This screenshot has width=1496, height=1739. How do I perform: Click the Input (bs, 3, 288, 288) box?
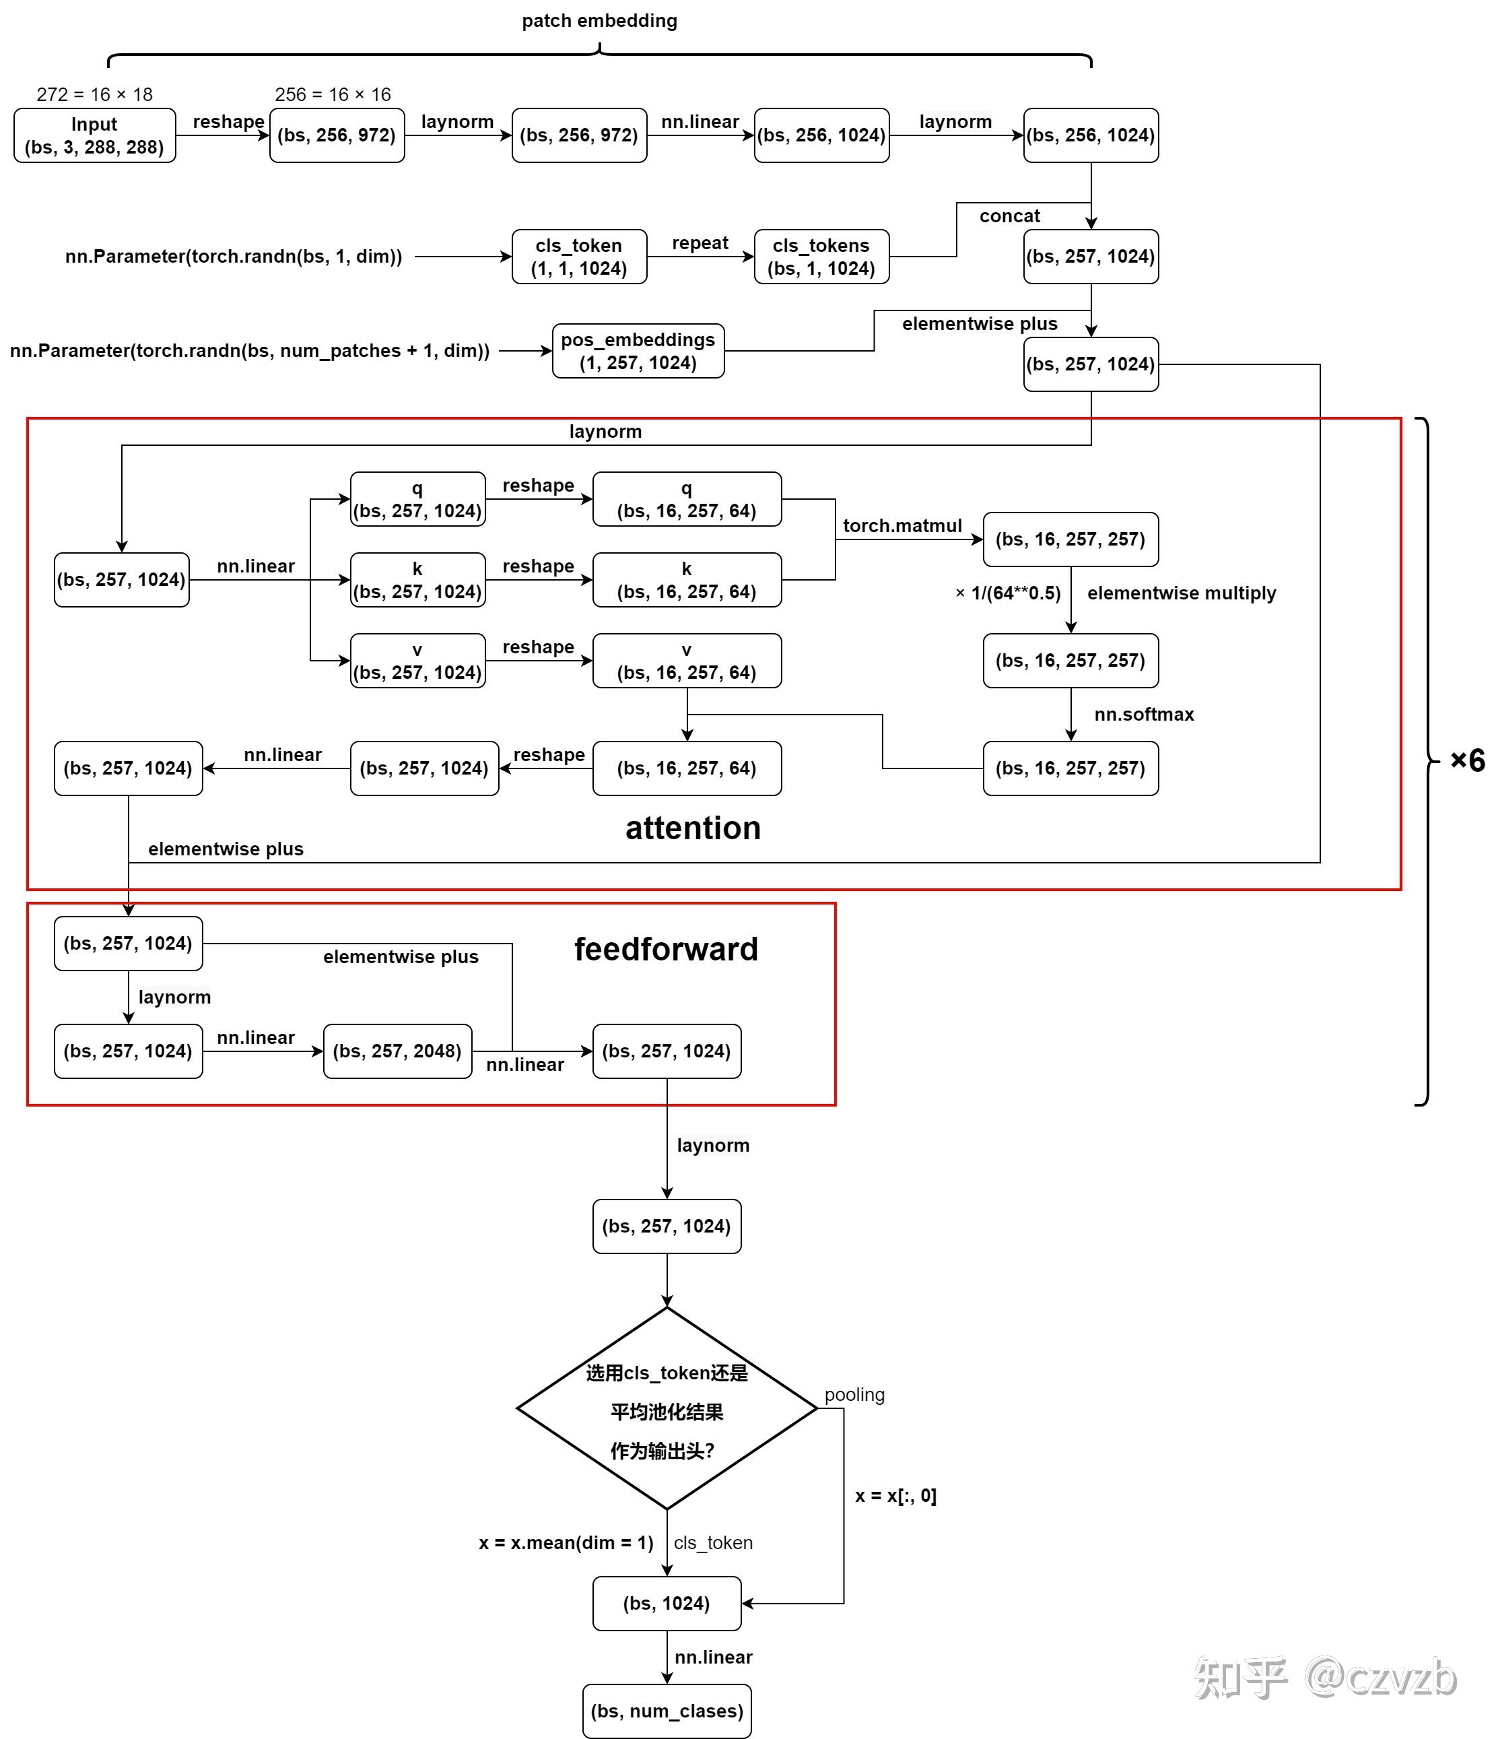95,135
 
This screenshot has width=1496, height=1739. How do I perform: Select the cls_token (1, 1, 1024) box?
579,257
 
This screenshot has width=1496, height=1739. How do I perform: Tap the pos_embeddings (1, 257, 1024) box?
638,351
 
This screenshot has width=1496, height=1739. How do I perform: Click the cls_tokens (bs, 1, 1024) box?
821,257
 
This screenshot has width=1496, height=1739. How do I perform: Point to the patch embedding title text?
599,21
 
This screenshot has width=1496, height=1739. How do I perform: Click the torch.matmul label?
902,525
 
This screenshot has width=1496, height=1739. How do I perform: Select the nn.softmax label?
1144,714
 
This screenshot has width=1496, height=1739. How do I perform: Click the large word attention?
693,828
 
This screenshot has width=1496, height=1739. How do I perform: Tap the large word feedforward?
666,949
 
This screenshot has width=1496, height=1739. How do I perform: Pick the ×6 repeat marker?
1468,761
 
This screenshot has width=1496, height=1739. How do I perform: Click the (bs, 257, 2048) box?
398,1051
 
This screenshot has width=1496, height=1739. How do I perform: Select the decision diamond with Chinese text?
667,1408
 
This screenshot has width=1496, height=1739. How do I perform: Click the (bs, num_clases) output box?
667,1711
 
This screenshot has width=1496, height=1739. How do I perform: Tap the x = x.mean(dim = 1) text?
566,1542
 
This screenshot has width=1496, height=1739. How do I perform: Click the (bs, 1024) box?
667,1604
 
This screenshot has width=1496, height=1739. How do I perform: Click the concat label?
1009,216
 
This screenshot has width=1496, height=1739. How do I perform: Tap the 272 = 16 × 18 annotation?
95,94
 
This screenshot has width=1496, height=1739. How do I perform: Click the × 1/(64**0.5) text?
1008,593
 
